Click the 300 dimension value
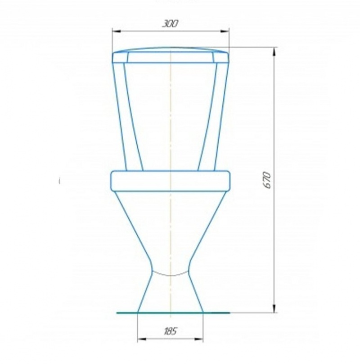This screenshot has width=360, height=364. click(171, 24)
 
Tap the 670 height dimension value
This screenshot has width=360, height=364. click(267, 180)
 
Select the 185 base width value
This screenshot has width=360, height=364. click(171, 331)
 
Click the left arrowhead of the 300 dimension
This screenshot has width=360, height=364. click(117, 32)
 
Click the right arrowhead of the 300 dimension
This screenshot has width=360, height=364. click(225, 32)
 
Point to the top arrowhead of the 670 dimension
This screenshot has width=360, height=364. click(274, 52)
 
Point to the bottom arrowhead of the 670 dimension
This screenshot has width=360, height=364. click(274, 308)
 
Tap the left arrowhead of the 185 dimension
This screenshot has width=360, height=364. click(142, 339)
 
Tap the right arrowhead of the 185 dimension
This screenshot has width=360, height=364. click(199, 339)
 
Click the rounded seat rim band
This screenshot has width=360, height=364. click(171, 181)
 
